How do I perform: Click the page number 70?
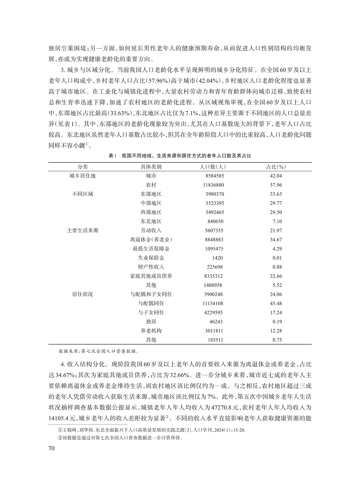tap(51, 448)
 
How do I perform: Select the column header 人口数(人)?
tap(212, 167)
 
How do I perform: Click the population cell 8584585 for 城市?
tap(215, 176)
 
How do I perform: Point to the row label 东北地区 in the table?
tap(151, 221)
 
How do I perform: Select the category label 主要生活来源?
tap(82, 230)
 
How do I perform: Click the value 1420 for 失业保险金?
tap(217, 258)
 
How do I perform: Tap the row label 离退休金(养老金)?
tap(151, 239)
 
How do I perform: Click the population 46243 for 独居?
tap(216, 322)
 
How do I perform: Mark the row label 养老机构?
tap(151, 331)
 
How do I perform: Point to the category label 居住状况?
tap(82, 294)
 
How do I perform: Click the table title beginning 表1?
tap(180, 156)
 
